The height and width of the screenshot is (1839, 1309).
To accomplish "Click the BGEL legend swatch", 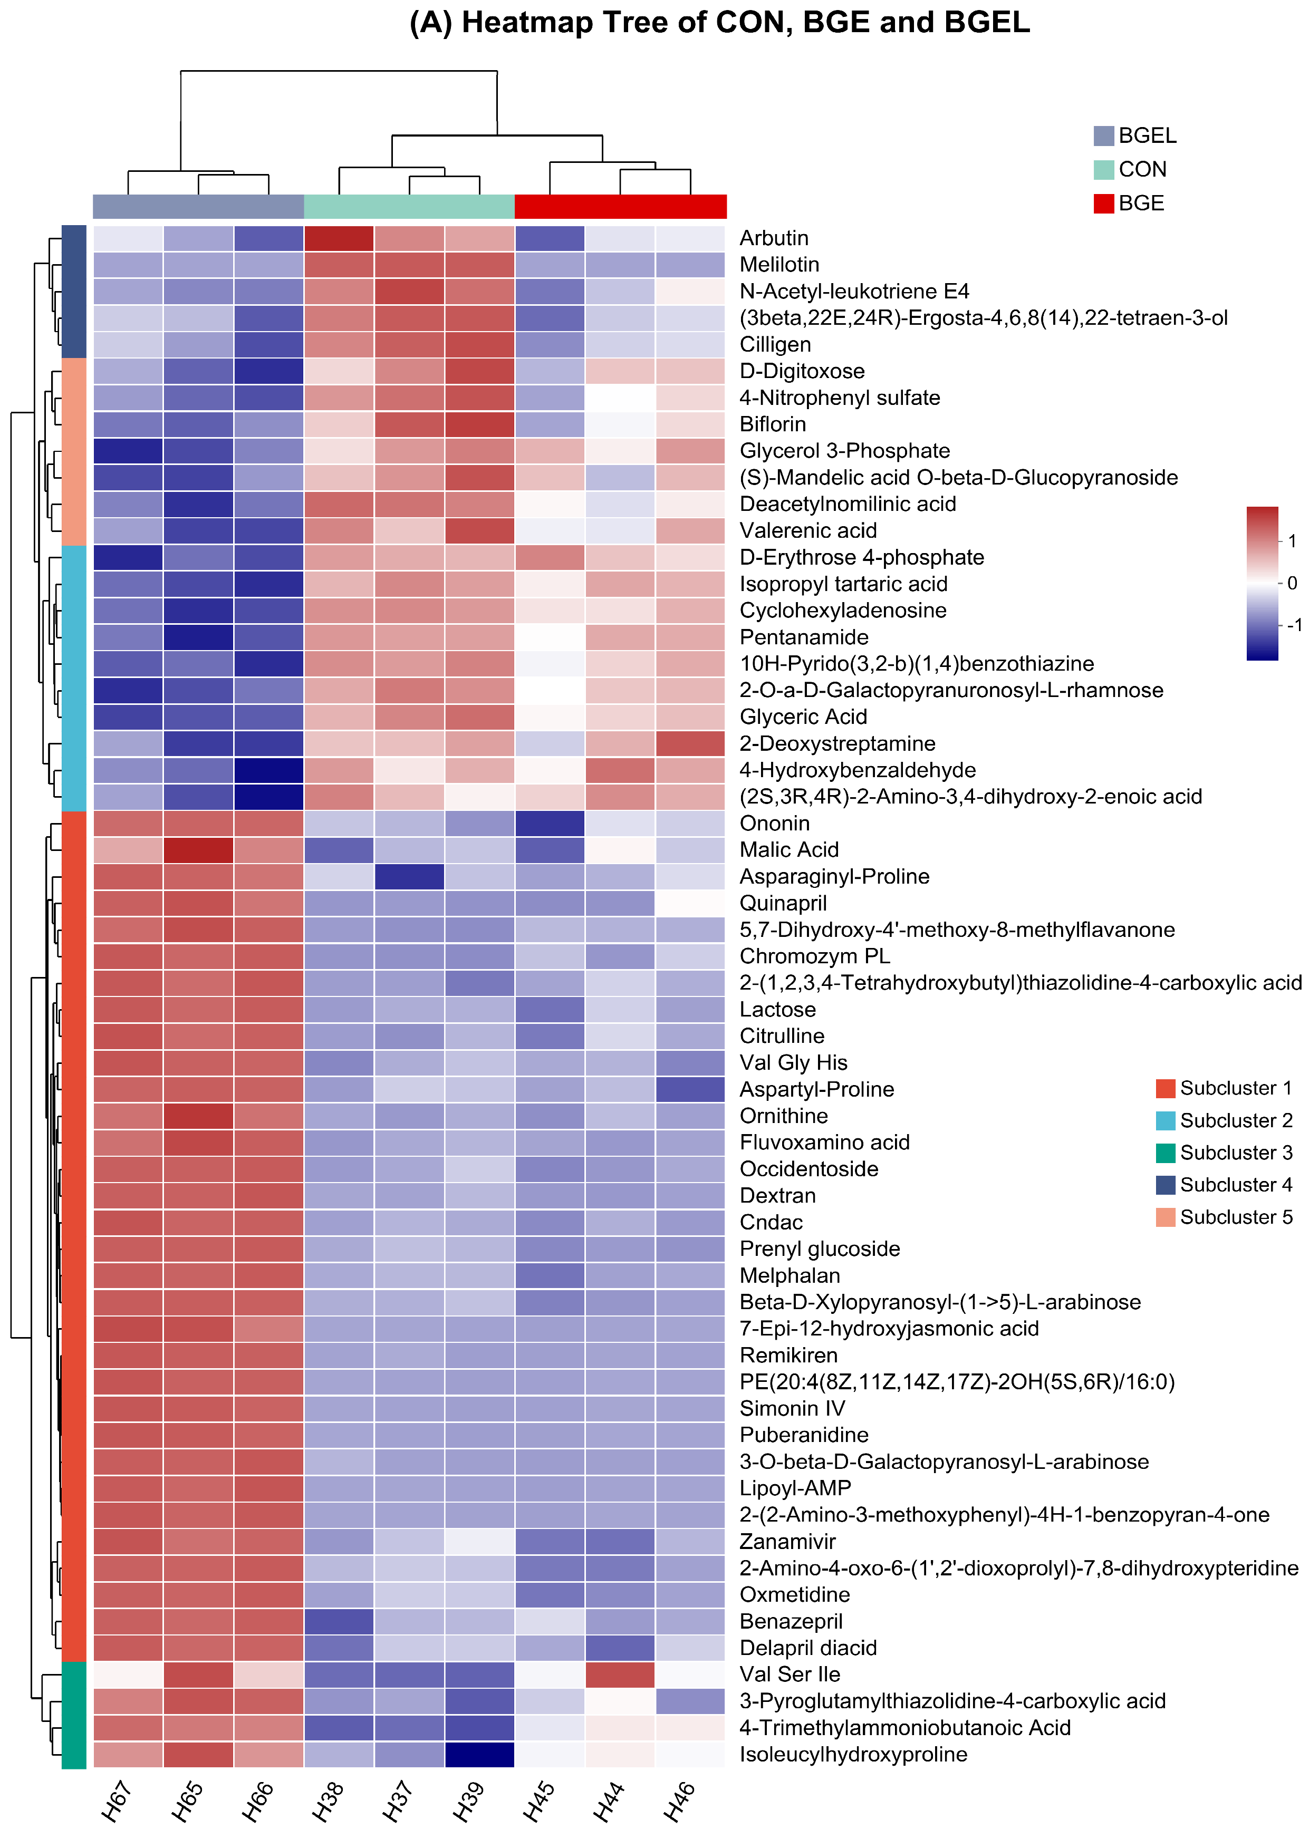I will point(1103,135).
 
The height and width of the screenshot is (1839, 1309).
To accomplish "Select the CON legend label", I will point(1142,169).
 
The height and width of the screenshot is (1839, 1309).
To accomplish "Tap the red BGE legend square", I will point(1103,203).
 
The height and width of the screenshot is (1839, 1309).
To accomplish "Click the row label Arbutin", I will point(774,238).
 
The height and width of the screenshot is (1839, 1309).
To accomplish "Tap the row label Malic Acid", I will point(789,849).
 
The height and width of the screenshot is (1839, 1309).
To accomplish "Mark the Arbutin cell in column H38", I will point(339,238).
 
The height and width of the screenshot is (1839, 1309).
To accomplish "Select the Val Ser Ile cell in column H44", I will point(620,1674).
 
